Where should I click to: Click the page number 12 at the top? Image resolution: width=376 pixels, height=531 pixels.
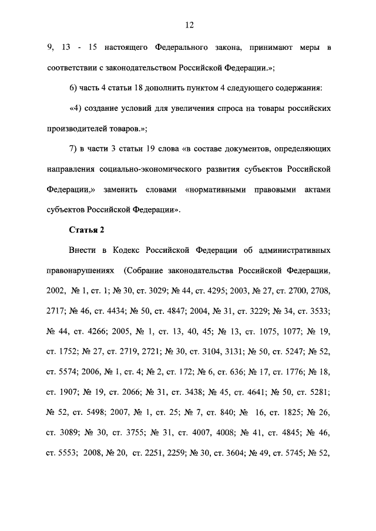pyautogui.click(x=188, y=25)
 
